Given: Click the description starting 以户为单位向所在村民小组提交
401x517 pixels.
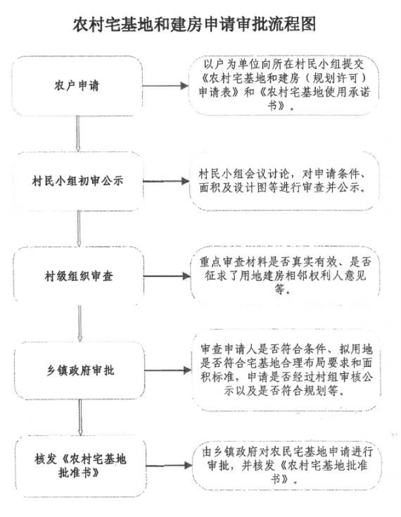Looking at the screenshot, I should pyautogui.click(x=284, y=85).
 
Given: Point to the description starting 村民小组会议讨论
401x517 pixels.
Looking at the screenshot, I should pyautogui.click(x=284, y=181).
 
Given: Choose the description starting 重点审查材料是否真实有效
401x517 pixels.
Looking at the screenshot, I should pyautogui.click(x=284, y=276).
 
